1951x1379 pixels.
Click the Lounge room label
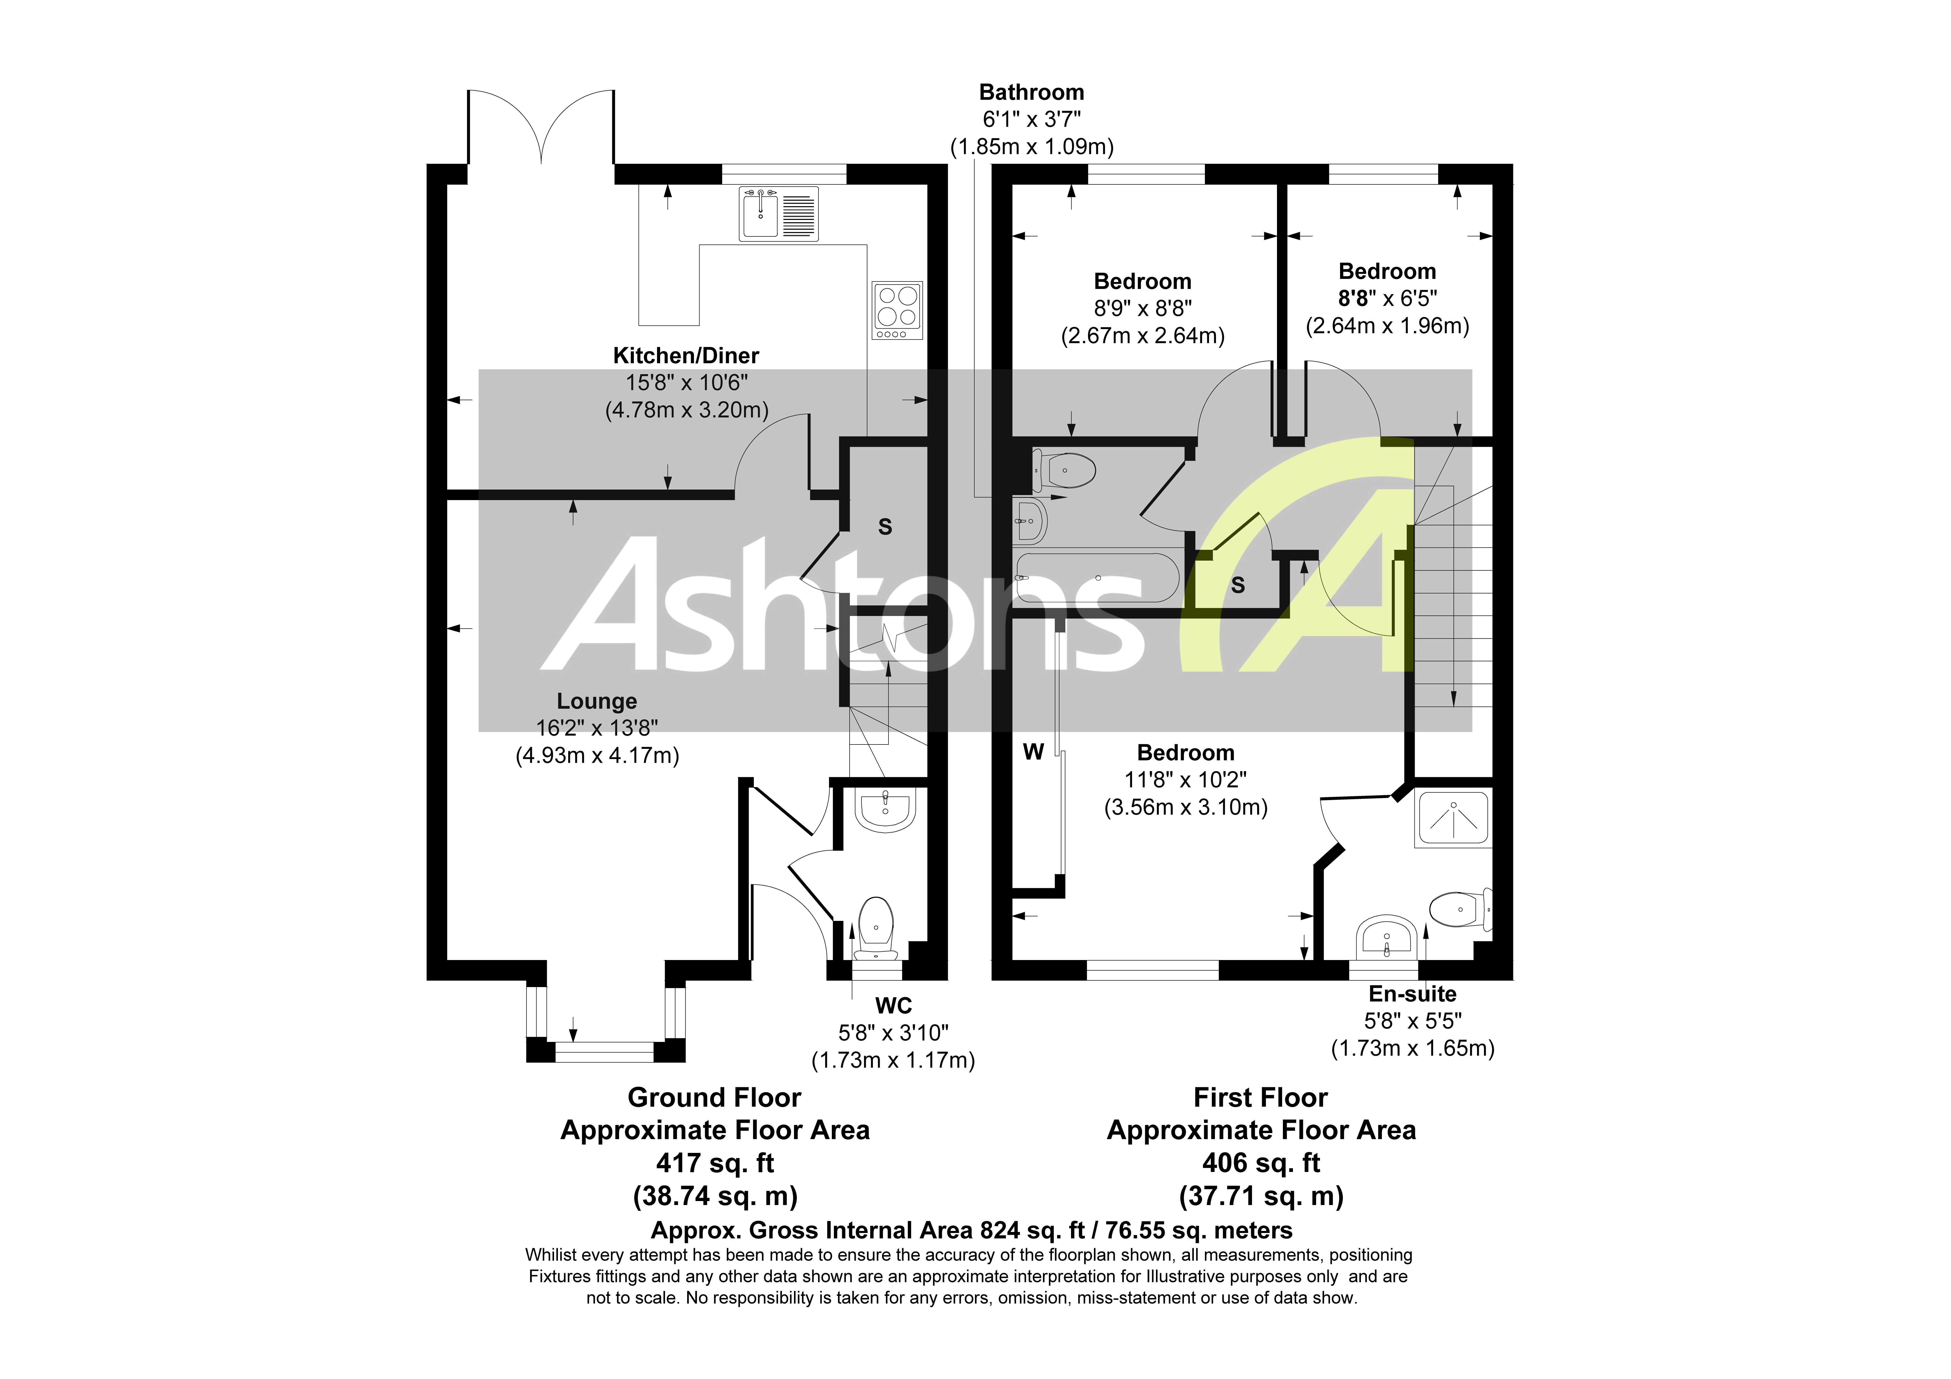click(597, 701)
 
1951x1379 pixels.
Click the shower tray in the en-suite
click(1453, 820)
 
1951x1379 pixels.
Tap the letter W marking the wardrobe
click(1033, 752)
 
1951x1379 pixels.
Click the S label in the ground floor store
click(885, 527)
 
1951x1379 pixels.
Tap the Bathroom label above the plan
click(1032, 92)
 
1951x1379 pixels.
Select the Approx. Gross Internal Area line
click(971, 1230)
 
